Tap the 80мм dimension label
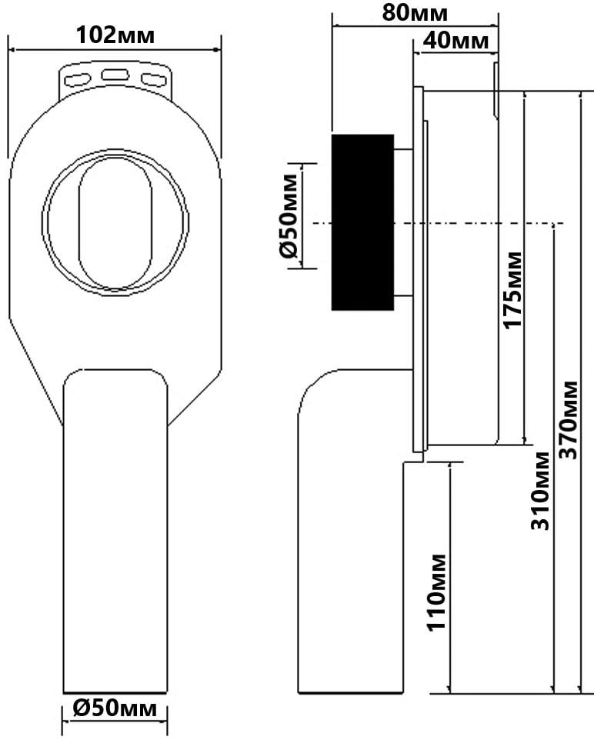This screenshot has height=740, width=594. pos(415,12)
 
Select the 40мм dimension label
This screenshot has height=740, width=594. pos(456,41)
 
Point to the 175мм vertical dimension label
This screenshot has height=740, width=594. pos(512,290)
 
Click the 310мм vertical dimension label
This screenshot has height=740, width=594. pos(540,491)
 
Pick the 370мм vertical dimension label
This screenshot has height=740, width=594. pos(568,420)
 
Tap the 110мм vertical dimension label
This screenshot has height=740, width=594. pos(435,592)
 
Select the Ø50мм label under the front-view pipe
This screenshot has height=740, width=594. pos(115,708)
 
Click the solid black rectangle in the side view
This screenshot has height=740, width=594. pos(362,222)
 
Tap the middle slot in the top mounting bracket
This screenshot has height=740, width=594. pos(115,75)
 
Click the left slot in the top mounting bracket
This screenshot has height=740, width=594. pos(78,79)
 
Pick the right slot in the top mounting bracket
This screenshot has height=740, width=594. pos(154,79)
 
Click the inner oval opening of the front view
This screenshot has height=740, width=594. pos(115,222)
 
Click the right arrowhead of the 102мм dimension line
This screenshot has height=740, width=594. pos(217,49)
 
